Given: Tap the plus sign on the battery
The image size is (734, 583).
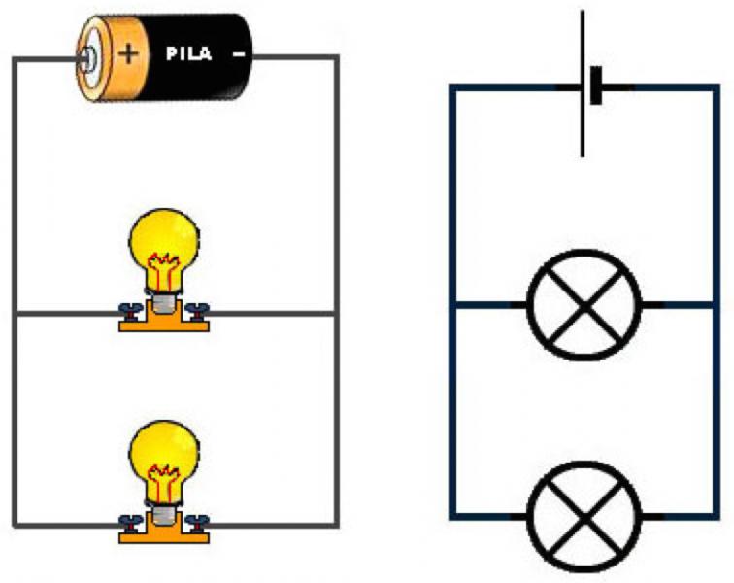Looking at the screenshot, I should coord(127,54).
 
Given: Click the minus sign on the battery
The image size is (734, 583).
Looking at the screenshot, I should coord(239,54).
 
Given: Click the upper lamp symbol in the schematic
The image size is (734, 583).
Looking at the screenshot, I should coord(583,304).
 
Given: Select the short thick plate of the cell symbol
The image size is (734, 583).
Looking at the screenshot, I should coord(595,86).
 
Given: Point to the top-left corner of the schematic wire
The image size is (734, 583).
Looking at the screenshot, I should coord(451,86).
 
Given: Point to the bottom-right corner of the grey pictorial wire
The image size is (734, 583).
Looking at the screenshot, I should coord(337,525).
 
